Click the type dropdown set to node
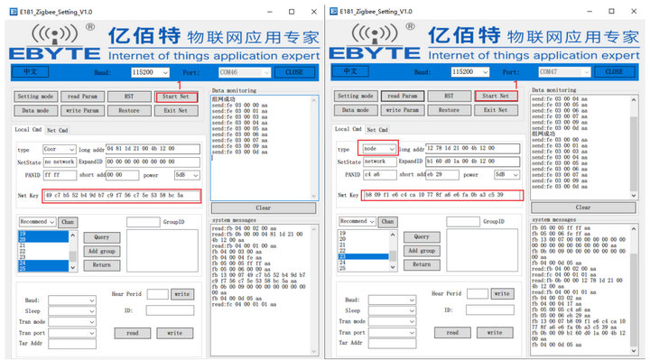coord(378,150)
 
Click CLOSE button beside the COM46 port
coord(292,72)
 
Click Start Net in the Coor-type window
coord(176,96)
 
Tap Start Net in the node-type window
coord(496,96)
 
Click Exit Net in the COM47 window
coord(496,110)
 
